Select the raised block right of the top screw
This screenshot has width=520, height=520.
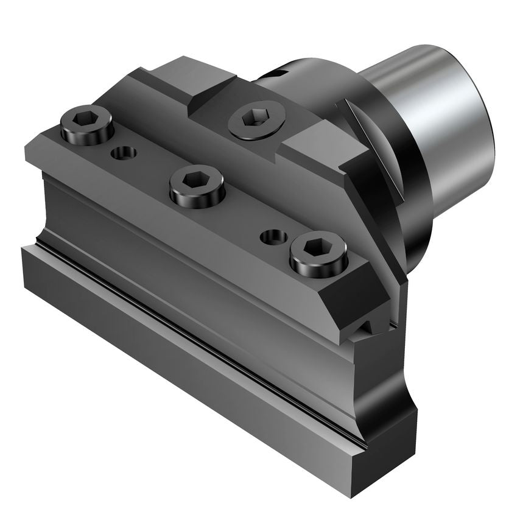coord(314,146)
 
